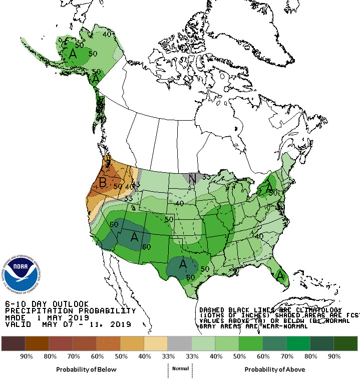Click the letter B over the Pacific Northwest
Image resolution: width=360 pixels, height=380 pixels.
102,183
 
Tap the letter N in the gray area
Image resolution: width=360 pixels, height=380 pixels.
191,177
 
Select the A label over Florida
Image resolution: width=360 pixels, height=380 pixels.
280,274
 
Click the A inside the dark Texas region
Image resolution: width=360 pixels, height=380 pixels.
183,263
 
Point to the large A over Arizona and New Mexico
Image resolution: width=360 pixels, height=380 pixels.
134,237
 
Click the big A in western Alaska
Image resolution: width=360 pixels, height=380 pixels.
73,53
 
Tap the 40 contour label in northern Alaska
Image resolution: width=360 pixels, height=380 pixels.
107,35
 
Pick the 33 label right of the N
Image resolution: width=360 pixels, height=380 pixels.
205,177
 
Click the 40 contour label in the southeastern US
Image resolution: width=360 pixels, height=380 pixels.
259,235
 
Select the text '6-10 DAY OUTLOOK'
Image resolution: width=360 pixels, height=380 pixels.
47,304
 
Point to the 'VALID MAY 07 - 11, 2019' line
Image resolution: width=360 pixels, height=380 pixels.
68,324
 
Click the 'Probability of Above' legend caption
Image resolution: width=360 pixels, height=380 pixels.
274,369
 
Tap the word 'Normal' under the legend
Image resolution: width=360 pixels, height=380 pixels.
180,368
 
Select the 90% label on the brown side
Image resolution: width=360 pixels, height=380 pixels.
27,356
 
